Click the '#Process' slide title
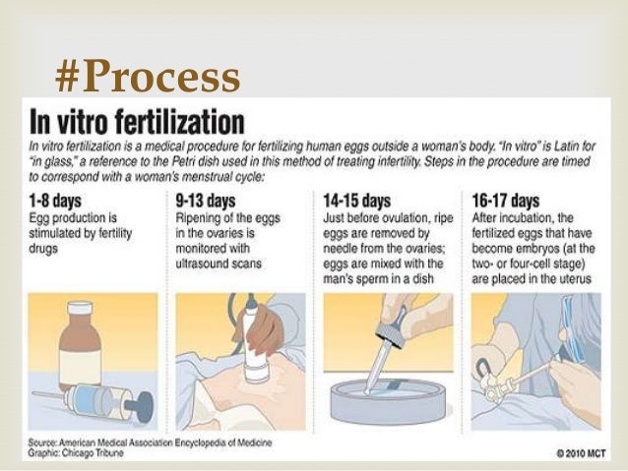point(148,76)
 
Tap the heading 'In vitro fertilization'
point(137,122)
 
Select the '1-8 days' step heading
point(55,201)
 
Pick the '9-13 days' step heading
point(206,201)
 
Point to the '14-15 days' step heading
point(357,201)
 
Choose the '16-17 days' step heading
point(505,201)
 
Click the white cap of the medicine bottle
point(80,308)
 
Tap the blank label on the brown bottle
point(80,367)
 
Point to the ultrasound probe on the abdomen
point(252,344)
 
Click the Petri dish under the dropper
point(388,401)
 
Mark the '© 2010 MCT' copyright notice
point(581,453)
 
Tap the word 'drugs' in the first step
point(43,249)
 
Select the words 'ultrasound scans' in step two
point(219,264)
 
